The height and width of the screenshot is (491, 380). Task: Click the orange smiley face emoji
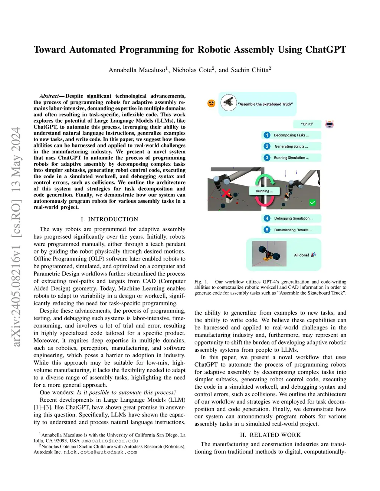tap(211, 103)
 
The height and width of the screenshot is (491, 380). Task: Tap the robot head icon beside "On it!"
tap(330, 124)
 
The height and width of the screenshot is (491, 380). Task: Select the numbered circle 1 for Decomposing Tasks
tap(267, 135)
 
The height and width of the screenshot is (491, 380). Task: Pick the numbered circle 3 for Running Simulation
tap(267, 157)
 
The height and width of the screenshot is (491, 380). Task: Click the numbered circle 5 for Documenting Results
tap(267, 230)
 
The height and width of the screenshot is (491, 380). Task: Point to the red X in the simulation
tap(226, 193)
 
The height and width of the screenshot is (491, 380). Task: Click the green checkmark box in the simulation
tap(312, 202)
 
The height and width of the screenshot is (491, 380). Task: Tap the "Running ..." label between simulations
tap(264, 191)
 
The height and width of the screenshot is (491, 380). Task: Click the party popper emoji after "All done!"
tap(314, 255)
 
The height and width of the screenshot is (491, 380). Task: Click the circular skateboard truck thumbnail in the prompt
tap(229, 103)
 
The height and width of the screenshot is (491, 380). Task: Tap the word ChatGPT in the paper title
tap(326, 50)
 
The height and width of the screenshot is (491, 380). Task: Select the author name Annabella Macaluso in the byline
tap(137, 70)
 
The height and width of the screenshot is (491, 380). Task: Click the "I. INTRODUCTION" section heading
tap(109, 219)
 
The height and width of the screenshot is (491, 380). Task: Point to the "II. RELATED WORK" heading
tap(270, 435)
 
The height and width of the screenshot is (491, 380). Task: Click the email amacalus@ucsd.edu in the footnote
tap(109, 441)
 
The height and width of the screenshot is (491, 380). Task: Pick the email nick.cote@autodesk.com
tap(100, 452)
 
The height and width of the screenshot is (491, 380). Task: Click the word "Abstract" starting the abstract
tap(49, 96)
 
